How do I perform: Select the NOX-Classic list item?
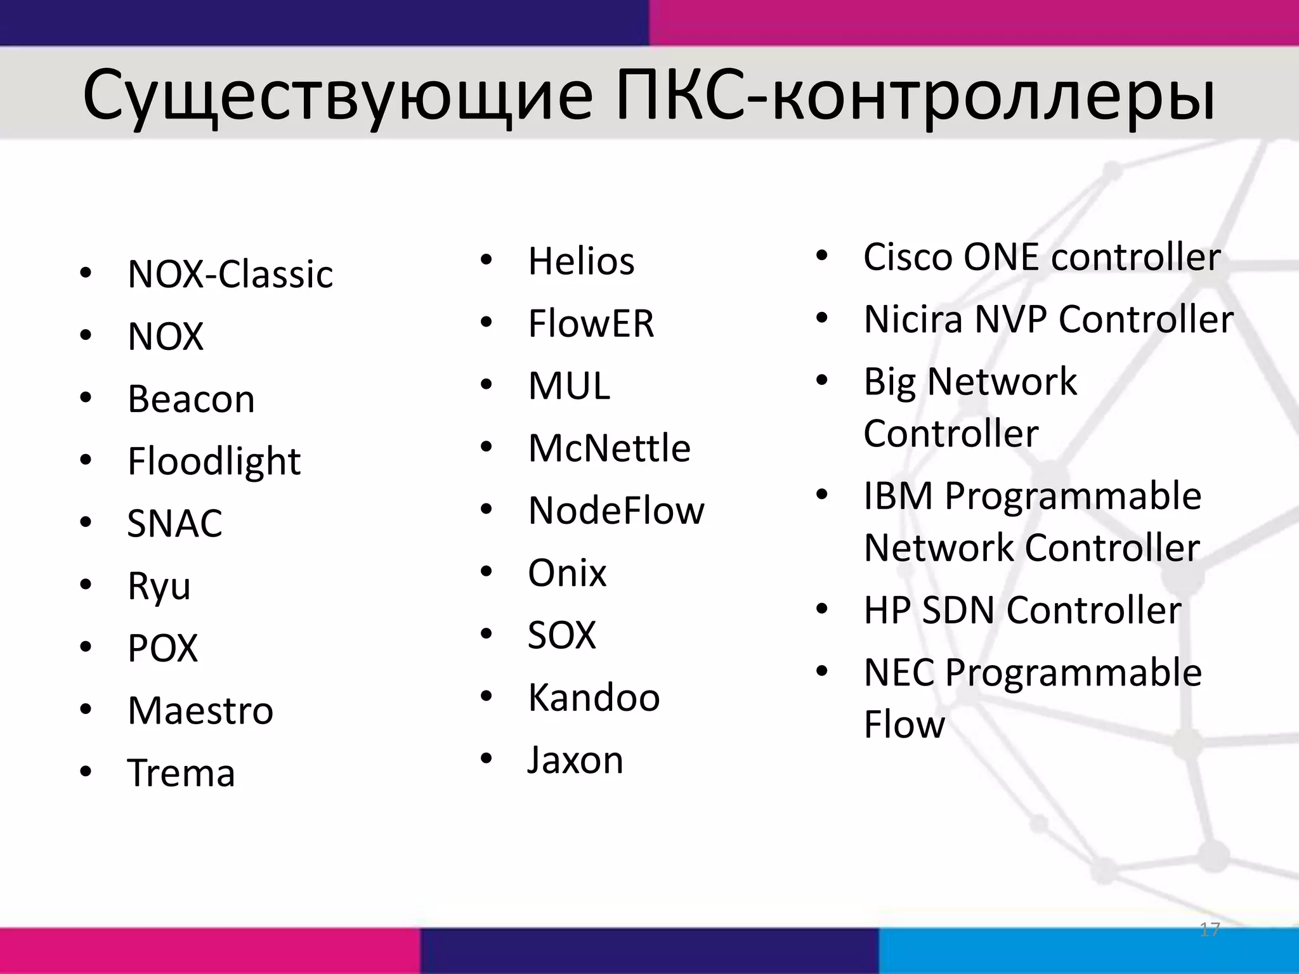click(x=230, y=274)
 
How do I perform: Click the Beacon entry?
click(x=191, y=399)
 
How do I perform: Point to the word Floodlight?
click(x=214, y=461)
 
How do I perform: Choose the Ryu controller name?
click(x=159, y=586)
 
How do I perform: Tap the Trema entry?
click(x=181, y=773)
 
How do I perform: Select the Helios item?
click(x=580, y=261)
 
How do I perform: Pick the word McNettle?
click(x=609, y=448)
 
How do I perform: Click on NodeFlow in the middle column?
click(x=616, y=510)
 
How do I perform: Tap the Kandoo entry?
click(x=594, y=698)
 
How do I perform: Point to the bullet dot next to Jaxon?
click(x=486, y=758)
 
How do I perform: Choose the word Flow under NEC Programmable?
click(x=904, y=725)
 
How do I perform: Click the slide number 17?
click(x=1210, y=930)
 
